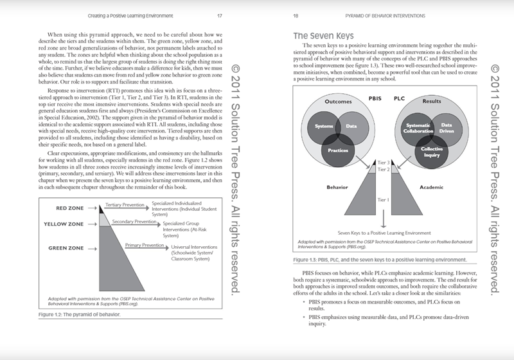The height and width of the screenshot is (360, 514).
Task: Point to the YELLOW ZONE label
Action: click(64, 224)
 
